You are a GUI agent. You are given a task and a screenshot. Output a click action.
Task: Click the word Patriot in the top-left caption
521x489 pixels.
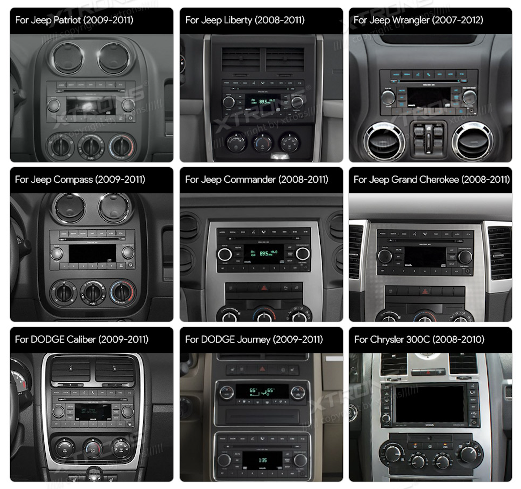pyautogui.click(x=67, y=20)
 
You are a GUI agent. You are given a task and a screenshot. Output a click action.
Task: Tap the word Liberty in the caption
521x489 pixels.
pyautogui.click(x=238, y=20)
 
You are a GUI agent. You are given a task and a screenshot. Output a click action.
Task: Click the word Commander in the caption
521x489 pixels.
pyautogui.click(x=250, y=180)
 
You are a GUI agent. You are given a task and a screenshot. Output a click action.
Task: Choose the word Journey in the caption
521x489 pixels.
pyautogui.click(x=254, y=339)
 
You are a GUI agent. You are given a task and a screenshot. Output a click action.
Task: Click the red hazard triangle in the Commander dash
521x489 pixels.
pyautogui.click(x=264, y=288)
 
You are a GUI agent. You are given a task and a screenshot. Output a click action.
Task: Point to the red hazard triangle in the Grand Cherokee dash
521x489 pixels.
pyautogui.click(x=425, y=291)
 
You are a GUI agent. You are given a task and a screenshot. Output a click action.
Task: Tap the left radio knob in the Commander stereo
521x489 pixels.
pyautogui.click(x=225, y=254)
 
